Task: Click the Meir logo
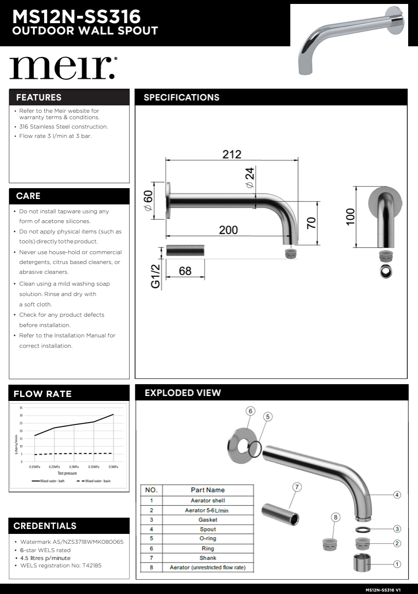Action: pos(62,68)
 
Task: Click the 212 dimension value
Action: pos(232,154)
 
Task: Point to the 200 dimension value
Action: pos(228,230)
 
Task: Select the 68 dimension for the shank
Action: pos(185,271)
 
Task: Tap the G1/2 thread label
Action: pos(155,276)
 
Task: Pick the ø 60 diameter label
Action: pos(148,201)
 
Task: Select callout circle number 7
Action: pos(297,487)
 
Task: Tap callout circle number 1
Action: pos(397,564)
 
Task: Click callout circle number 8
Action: pos(335,517)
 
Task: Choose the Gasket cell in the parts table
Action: pos(208,520)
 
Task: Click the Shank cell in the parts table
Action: pos(208,558)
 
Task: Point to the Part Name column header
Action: pos(208,490)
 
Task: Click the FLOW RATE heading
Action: pos(43,394)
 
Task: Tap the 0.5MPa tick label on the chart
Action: pos(114,466)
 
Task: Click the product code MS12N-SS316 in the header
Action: pos(76,17)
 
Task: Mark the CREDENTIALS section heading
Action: pos(45,526)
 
